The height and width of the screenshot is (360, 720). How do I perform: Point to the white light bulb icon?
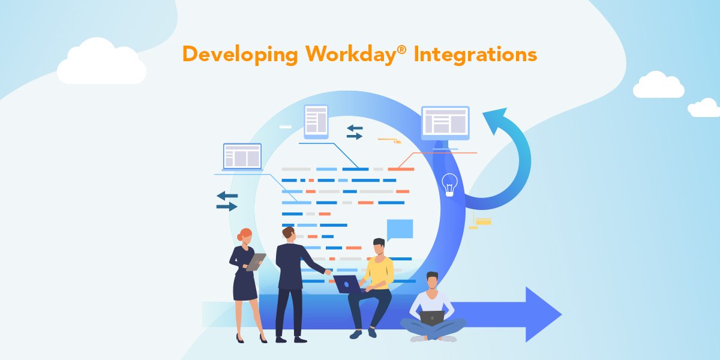[449, 184]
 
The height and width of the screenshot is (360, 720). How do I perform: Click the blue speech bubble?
[400, 229]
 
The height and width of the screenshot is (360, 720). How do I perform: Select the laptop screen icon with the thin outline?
[242, 157]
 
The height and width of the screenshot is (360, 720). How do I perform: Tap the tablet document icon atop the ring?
[316, 121]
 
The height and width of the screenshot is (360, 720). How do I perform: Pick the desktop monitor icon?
[445, 122]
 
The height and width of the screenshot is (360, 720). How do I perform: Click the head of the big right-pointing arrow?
[543, 314]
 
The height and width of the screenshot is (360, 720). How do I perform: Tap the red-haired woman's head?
[245, 235]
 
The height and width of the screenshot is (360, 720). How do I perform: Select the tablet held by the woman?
[256, 262]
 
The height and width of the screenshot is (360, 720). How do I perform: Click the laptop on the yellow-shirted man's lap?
[347, 283]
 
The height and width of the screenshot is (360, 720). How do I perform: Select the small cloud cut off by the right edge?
[705, 108]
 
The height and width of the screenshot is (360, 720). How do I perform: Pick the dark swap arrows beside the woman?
[227, 201]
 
